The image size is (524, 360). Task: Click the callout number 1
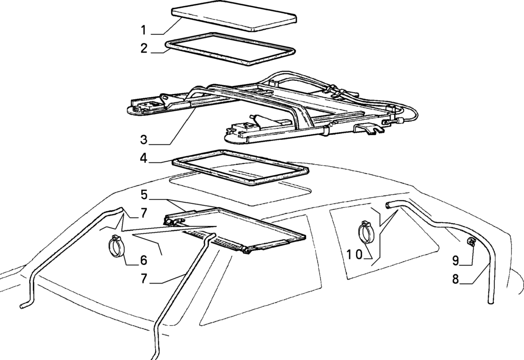tap(145, 30)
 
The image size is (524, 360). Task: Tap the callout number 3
tap(145, 139)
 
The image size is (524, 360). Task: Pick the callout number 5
tap(145, 195)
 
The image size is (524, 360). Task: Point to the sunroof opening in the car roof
tap(241, 187)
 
